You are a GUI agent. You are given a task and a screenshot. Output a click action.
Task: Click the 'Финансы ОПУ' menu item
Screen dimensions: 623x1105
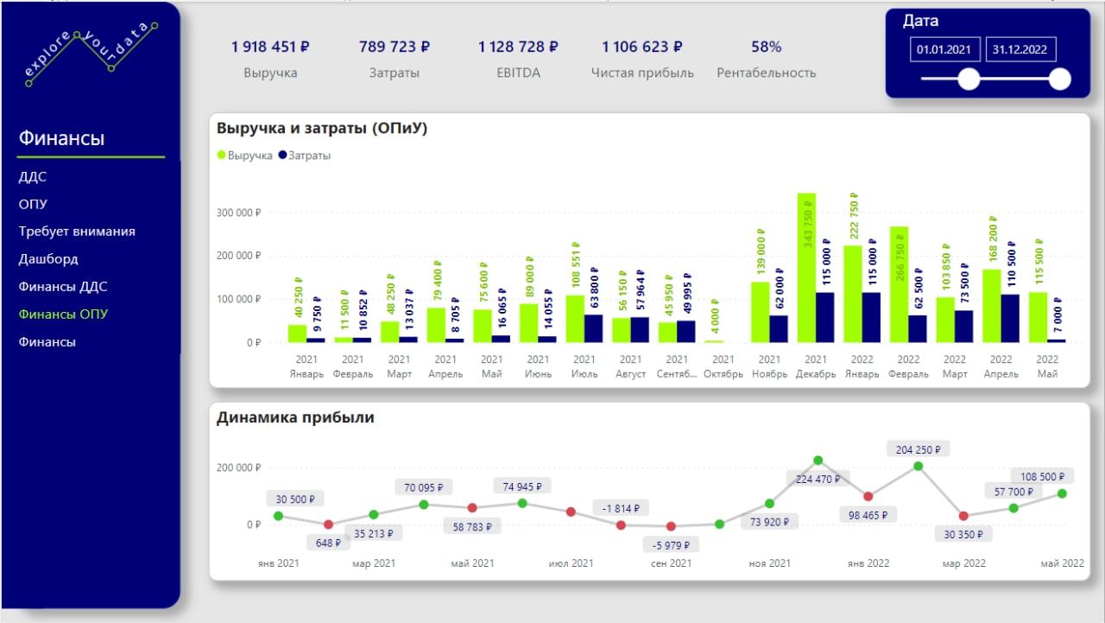click(x=63, y=315)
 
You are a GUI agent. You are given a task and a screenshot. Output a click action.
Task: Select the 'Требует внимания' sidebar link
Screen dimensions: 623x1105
click(x=77, y=232)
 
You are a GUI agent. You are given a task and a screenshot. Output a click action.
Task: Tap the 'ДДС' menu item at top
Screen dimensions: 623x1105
click(x=33, y=177)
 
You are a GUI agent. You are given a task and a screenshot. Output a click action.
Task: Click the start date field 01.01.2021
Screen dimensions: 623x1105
click(x=944, y=49)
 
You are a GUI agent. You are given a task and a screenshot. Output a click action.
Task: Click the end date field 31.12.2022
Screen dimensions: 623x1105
click(x=1020, y=49)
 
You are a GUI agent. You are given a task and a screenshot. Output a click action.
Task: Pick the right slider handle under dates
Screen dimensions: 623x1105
click(x=1059, y=79)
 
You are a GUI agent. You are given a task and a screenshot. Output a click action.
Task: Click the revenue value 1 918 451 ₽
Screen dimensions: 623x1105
click(x=270, y=47)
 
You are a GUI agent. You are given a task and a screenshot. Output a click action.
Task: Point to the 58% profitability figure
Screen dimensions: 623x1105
click(x=766, y=47)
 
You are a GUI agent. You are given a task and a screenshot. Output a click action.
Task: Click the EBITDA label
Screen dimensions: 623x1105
click(x=518, y=73)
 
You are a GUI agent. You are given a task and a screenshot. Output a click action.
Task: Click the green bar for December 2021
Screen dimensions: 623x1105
click(x=806, y=268)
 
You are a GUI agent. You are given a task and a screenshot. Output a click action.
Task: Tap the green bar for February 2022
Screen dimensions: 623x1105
click(x=899, y=284)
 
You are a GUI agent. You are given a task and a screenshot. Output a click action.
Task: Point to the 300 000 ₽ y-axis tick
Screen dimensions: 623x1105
click(x=238, y=213)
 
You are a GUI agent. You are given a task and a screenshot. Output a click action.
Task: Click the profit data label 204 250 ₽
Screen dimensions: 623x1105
click(x=918, y=449)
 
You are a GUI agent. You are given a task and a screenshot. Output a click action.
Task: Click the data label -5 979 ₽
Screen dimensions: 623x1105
click(x=671, y=545)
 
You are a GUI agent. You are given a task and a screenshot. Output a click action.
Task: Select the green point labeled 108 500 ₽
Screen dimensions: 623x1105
click(x=1062, y=493)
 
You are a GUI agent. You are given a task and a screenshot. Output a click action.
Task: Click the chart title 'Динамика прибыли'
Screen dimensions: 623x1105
click(x=295, y=417)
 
